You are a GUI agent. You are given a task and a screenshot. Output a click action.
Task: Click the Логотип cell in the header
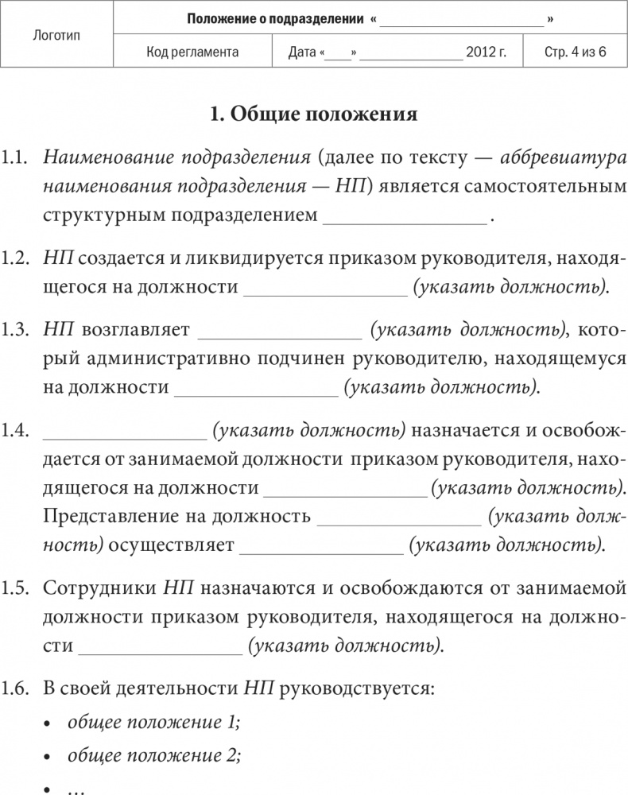click(57, 35)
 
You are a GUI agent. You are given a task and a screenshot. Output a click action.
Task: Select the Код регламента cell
click(193, 52)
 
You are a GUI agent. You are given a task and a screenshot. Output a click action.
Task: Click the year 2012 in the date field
click(482, 52)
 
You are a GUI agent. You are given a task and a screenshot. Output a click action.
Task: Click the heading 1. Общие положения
click(313, 114)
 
